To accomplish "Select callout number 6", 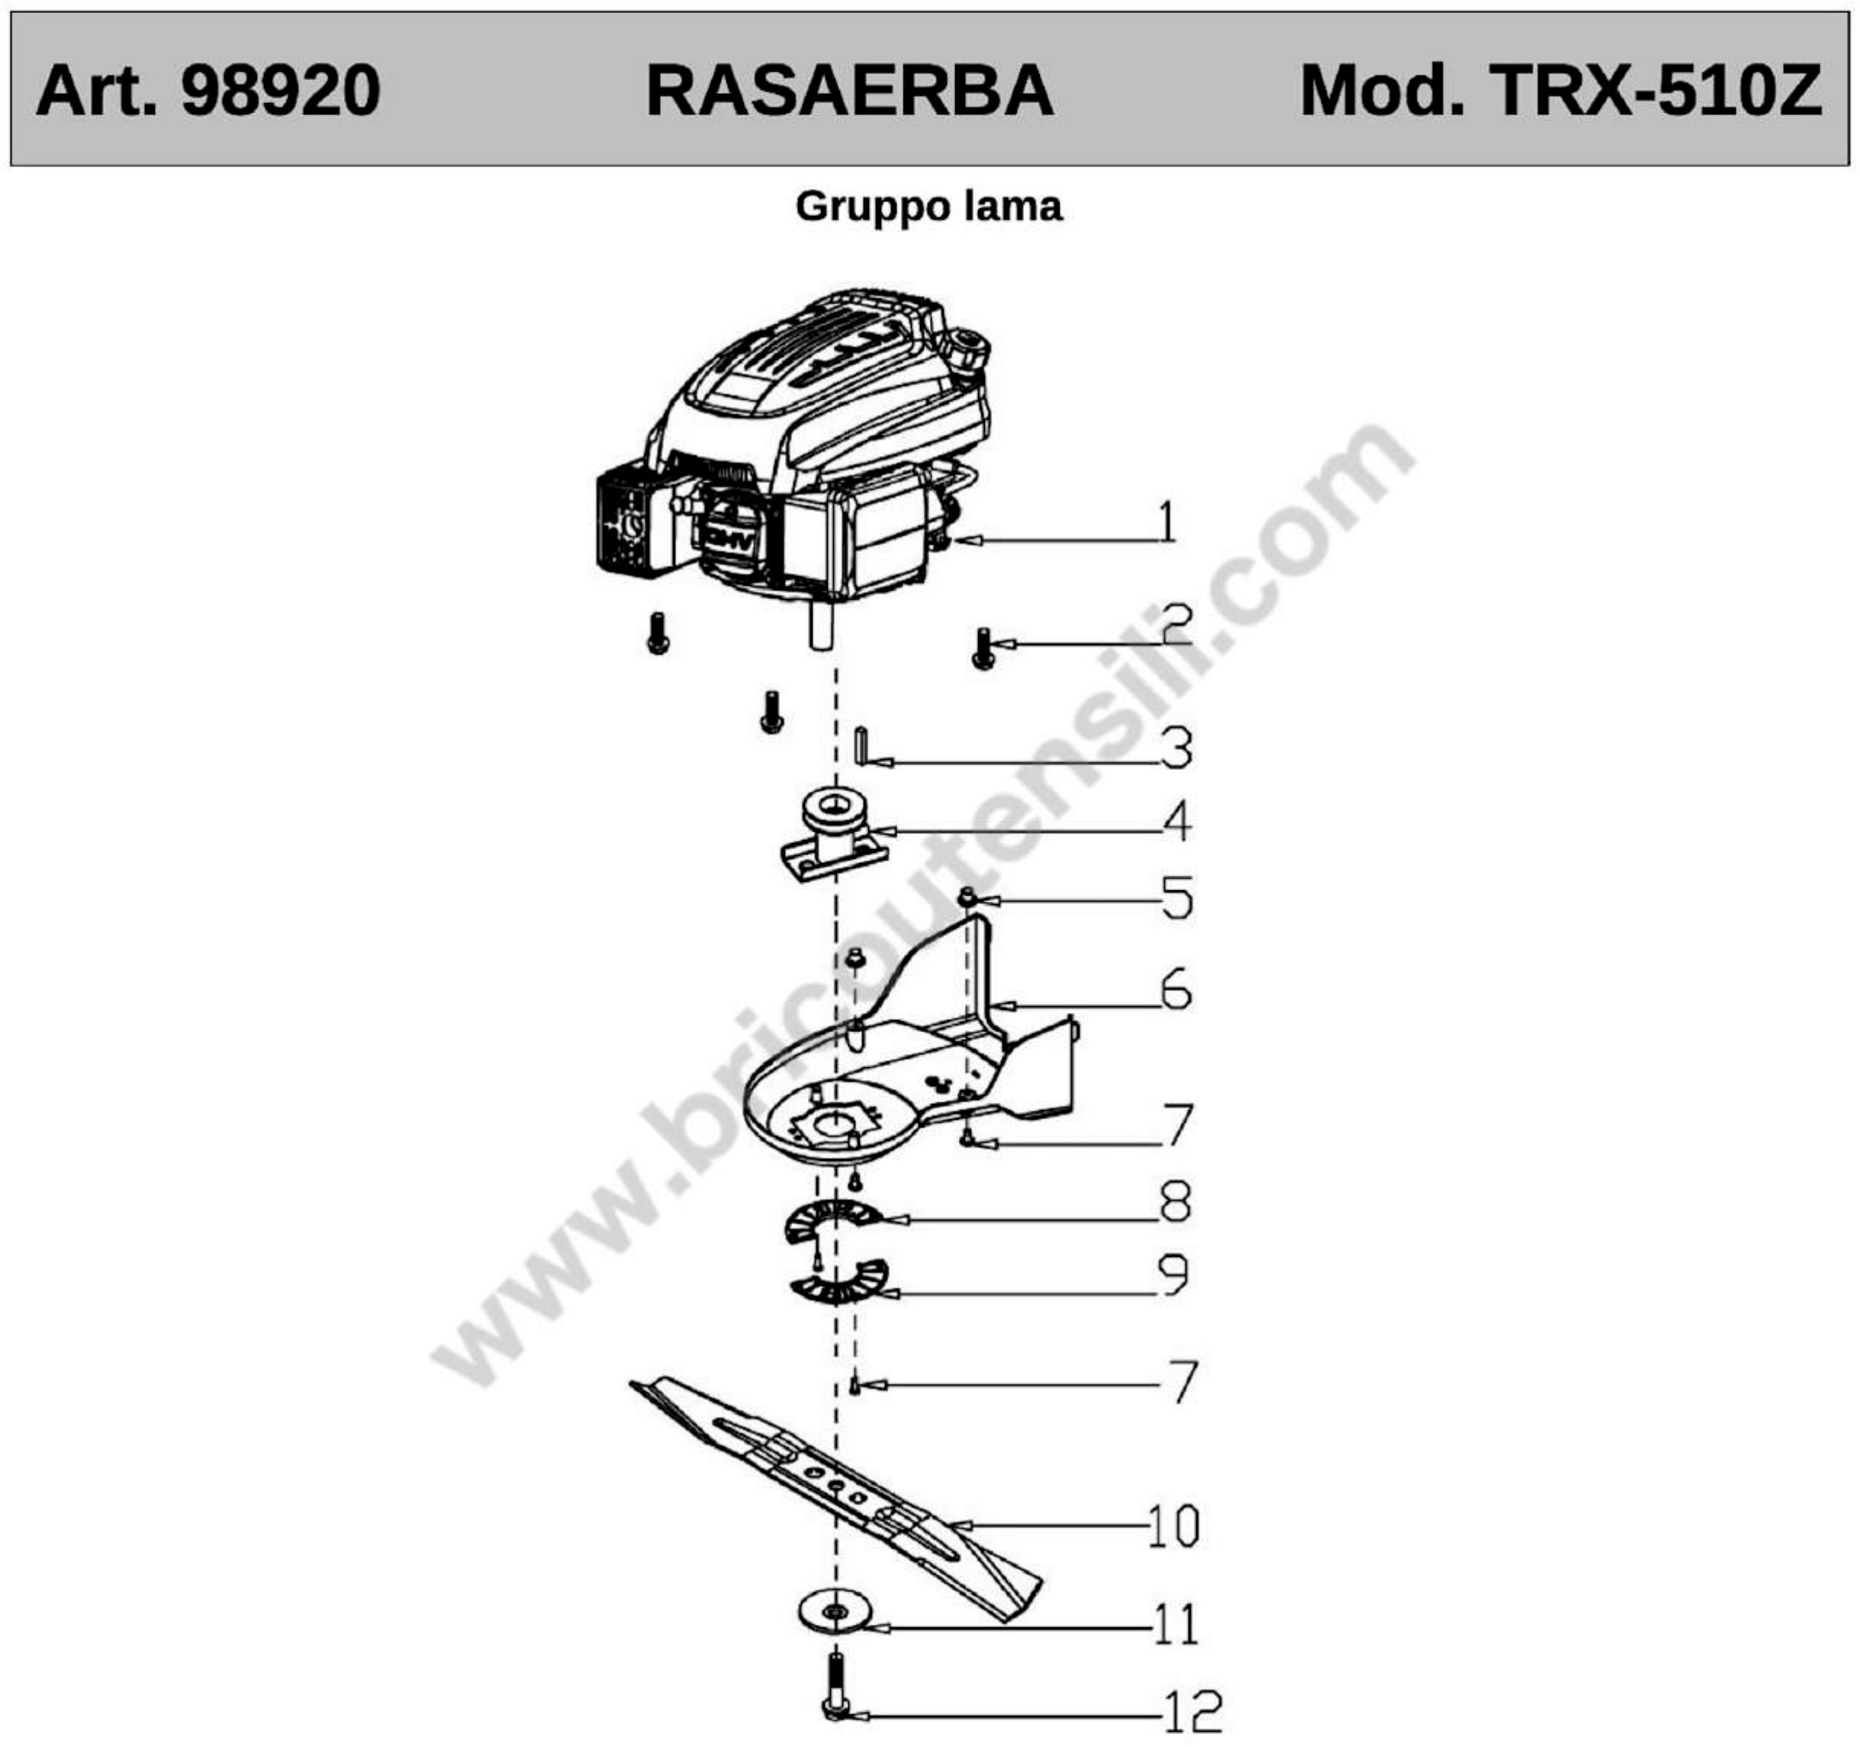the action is click(x=1176, y=989).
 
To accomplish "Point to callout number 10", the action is click(x=1172, y=1526).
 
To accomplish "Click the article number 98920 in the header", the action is click(x=281, y=91).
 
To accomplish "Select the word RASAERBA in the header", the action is click(x=849, y=91).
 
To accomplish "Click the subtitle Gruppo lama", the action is click(x=928, y=206).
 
